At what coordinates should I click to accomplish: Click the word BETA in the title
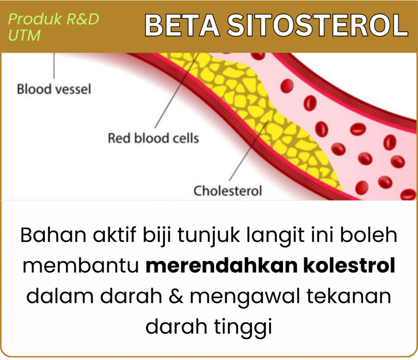pyautogui.click(x=182, y=25)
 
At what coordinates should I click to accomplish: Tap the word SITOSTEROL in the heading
pyautogui.click(x=317, y=25)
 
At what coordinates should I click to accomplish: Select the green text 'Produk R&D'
pyautogui.click(x=53, y=19)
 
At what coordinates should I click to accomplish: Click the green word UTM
pyautogui.click(x=24, y=35)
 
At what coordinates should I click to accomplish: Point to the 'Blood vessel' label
pyautogui.click(x=54, y=89)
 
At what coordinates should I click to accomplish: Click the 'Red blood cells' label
pyautogui.click(x=153, y=138)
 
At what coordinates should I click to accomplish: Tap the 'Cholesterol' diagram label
pyautogui.click(x=228, y=191)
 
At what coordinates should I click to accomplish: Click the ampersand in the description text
pyautogui.click(x=176, y=296)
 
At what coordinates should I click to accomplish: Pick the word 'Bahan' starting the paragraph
pyautogui.click(x=53, y=235)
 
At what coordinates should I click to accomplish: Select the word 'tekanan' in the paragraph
pyautogui.click(x=349, y=296)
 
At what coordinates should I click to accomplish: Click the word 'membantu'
pyautogui.click(x=81, y=265)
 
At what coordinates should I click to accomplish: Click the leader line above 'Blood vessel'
pyautogui.click(x=54, y=66)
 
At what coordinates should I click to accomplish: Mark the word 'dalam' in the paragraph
pyautogui.click(x=60, y=296)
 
